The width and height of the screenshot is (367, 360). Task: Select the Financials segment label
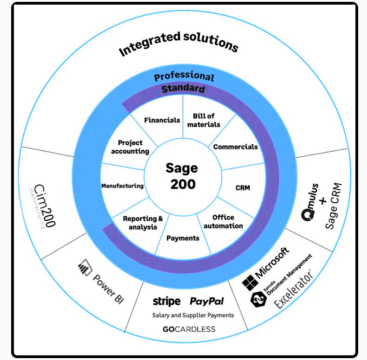tap(162, 120)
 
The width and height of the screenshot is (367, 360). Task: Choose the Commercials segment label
tap(235, 147)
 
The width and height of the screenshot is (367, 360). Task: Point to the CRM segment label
tap(243, 188)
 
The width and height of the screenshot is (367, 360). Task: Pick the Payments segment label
tap(182, 238)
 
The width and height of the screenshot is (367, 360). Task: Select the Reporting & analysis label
tap(143, 223)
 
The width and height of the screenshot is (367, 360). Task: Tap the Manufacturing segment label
tap(122, 186)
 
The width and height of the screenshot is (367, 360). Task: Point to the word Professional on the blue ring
tap(184, 77)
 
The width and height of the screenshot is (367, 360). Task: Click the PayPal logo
tap(206, 302)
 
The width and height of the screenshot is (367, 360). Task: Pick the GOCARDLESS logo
tap(189, 329)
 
